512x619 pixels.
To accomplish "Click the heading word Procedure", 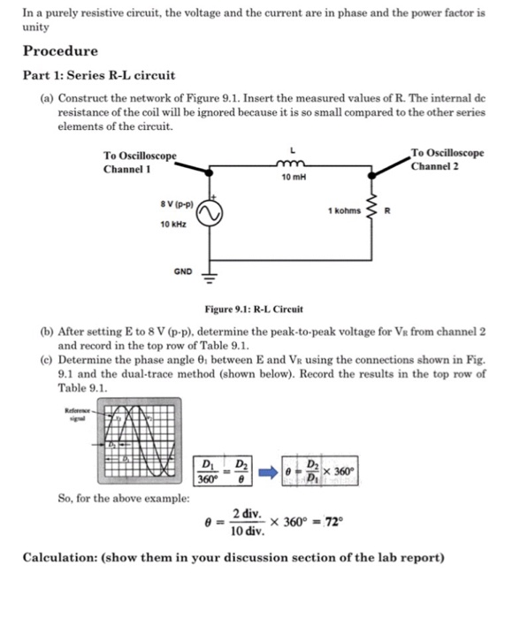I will (60, 50).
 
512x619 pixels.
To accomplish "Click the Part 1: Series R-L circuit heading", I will (99, 75).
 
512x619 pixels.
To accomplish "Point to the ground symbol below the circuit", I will (210, 275).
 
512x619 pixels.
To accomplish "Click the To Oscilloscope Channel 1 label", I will (140, 161).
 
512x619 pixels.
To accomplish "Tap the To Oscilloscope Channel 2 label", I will (447, 159).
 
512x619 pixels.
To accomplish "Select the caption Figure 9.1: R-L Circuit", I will (254, 309).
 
